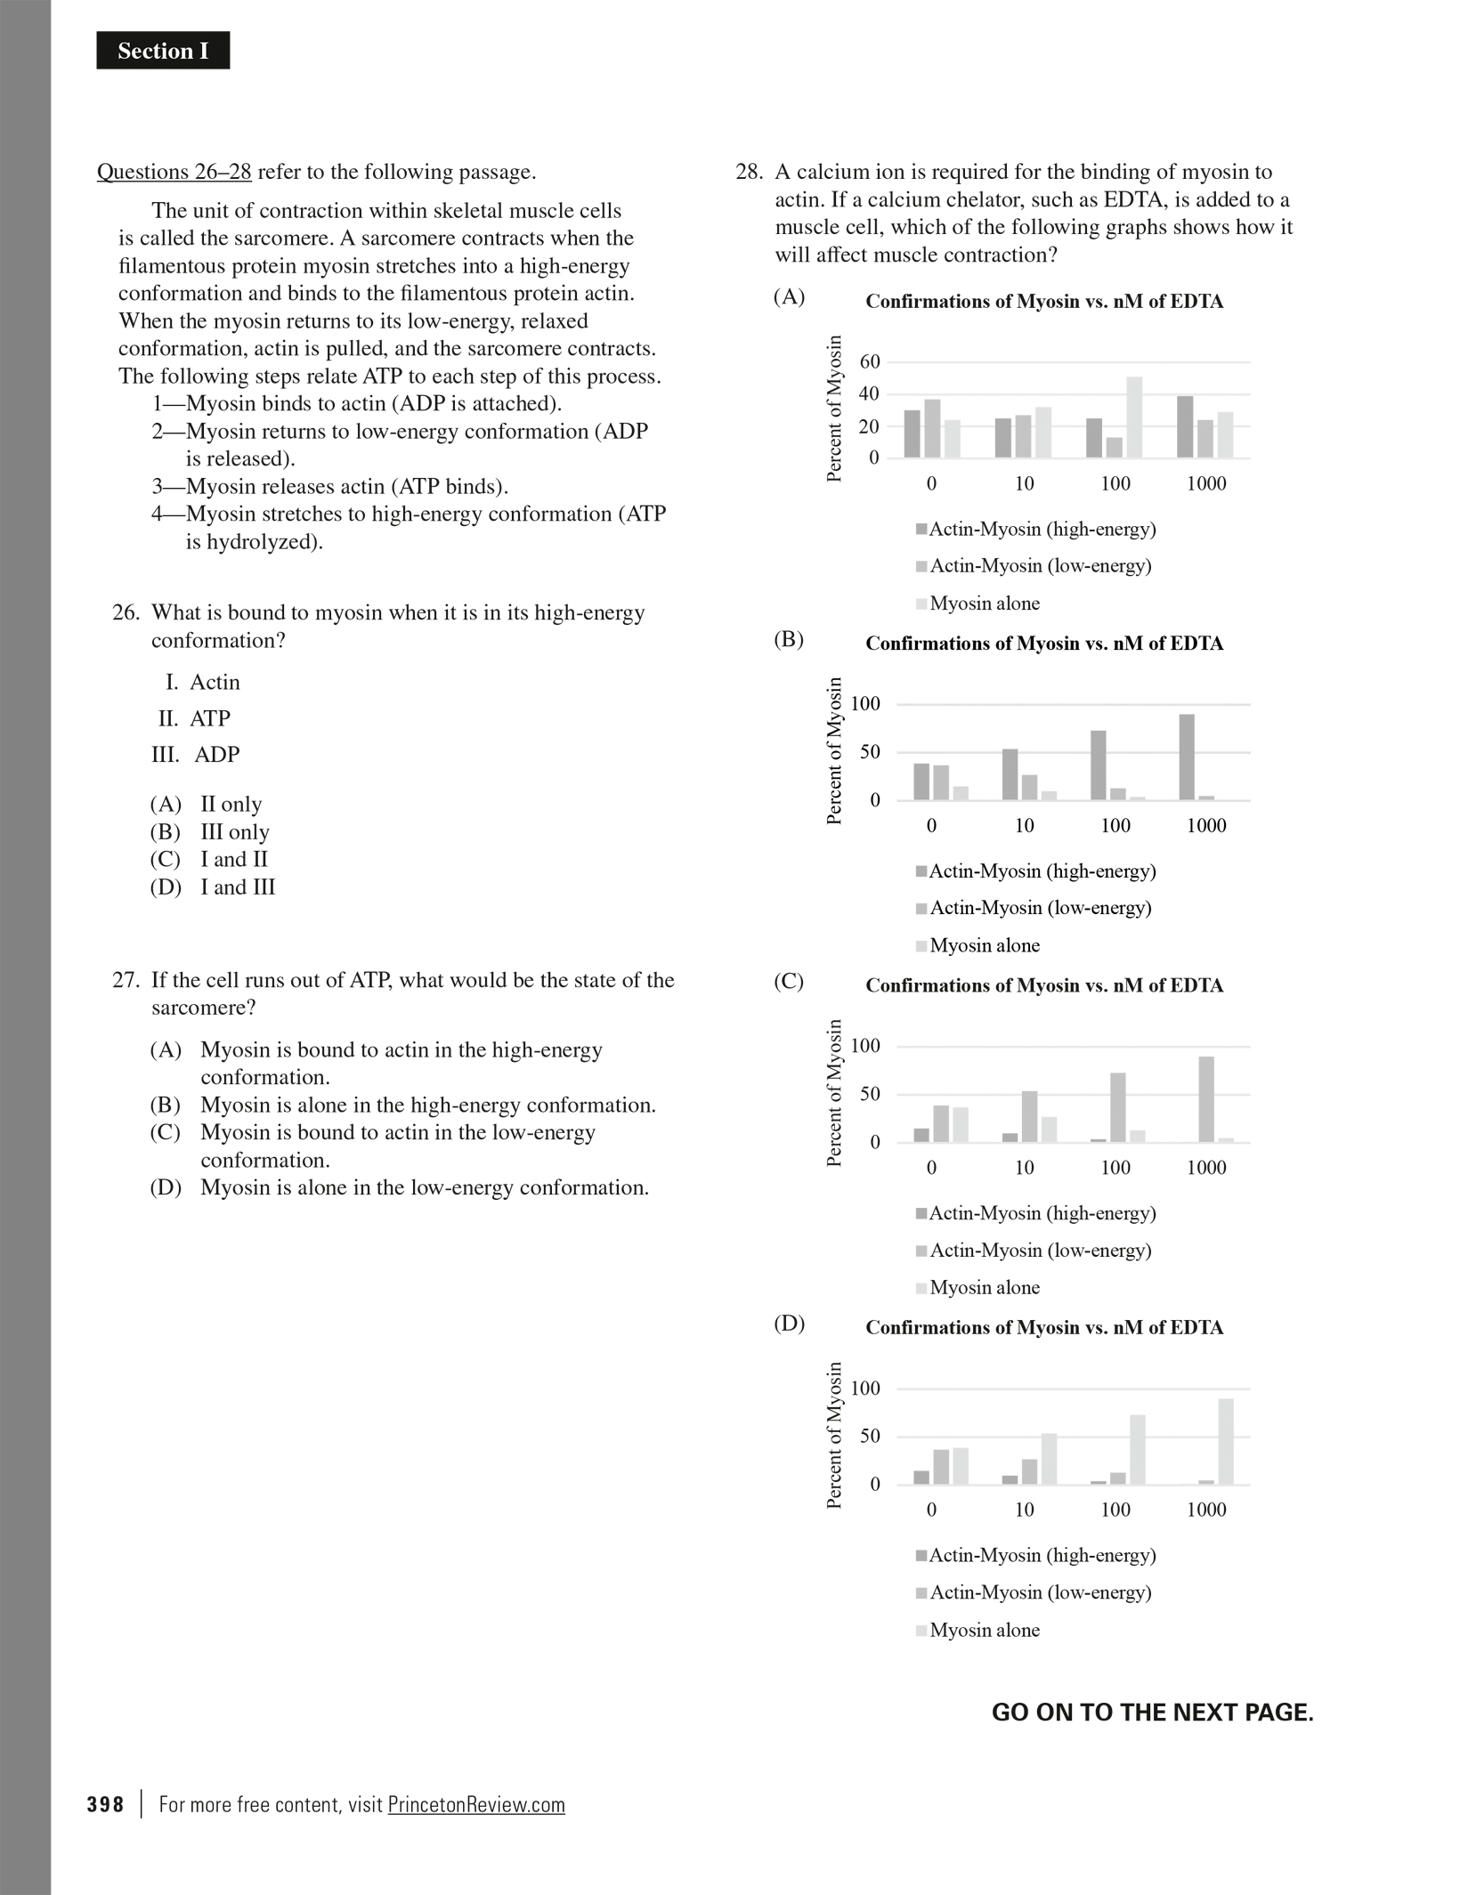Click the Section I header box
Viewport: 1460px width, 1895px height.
pos(163,51)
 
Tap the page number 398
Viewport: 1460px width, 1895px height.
pos(105,1804)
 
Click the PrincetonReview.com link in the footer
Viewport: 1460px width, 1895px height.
pos(476,1804)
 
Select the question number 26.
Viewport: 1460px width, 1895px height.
pos(126,612)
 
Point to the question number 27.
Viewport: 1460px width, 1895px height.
pos(126,980)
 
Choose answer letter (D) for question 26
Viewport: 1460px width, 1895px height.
pos(166,887)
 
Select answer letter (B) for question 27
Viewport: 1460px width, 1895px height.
pos(166,1105)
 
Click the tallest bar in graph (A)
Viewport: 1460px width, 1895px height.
pos(1134,417)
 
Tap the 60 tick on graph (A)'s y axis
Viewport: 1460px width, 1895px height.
pos(869,361)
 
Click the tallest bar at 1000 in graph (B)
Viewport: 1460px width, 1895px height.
pos(1187,757)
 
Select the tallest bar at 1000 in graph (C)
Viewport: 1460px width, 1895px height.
pos(1206,1098)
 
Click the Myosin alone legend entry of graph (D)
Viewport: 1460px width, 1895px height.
pos(984,1630)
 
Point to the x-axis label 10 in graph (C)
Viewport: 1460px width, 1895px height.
pos(1025,1168)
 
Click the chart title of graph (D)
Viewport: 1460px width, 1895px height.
pos(1044,1328)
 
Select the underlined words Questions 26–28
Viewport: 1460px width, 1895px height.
pos(174,172)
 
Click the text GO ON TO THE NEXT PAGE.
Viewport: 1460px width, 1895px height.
pos(1152,1713)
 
